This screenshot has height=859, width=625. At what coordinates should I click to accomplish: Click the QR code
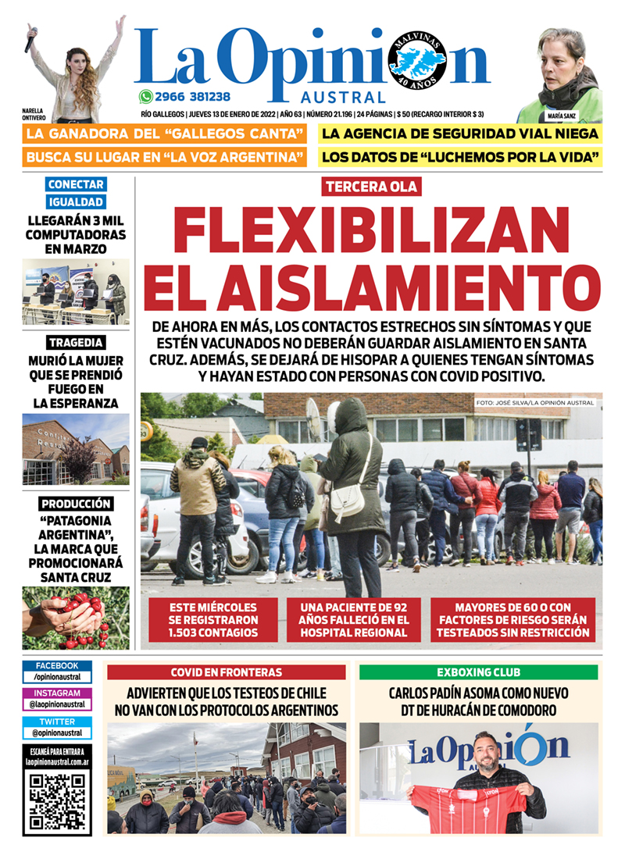(58, 801)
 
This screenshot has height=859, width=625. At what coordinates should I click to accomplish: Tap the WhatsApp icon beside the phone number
(145, 97)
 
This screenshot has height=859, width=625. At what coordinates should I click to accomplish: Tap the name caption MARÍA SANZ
(562, 115)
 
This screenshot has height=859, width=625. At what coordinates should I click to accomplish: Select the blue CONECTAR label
(75, 185)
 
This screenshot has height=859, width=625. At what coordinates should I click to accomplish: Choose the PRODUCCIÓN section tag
(76, 504)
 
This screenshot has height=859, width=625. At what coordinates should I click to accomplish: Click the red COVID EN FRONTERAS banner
(226, 672)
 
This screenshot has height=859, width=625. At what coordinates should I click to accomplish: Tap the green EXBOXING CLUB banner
(478, 672)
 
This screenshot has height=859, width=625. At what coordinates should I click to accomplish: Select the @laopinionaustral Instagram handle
(58, 704)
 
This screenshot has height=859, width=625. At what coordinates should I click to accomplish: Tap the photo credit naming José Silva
(534, 403)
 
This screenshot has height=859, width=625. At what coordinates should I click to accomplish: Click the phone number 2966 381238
(192, 97)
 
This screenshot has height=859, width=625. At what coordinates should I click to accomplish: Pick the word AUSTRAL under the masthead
(344, 98)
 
